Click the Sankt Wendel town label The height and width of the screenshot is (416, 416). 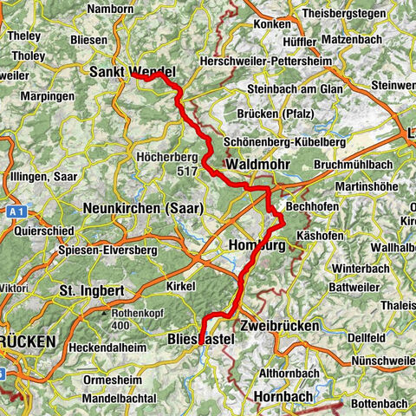(132, 72)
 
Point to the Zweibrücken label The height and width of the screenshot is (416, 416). (281, 325)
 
